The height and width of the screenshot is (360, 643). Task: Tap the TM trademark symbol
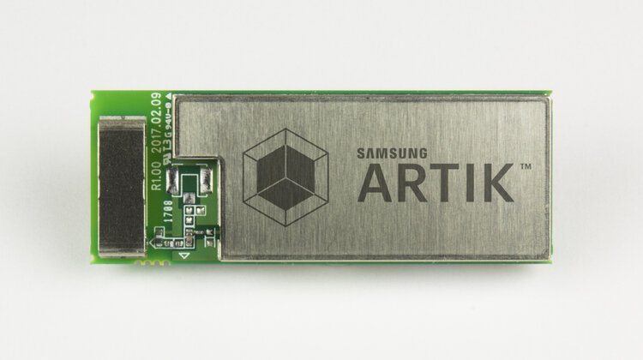(524, 167)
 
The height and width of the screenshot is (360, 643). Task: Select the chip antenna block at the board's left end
(121, 183)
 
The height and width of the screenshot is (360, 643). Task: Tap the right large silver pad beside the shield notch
(207, 180)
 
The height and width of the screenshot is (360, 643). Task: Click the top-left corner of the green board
(93, 93)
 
